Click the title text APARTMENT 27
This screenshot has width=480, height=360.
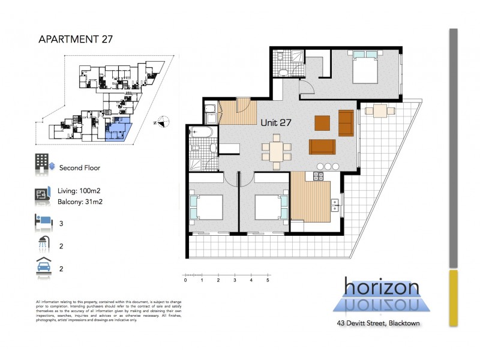(75, 40)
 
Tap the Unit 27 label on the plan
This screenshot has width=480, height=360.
(276, 122)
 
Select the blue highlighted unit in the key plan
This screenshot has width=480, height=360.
(118, 129)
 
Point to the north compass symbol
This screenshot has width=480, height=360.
(160, 122)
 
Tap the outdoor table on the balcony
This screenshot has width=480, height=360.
(380, 110)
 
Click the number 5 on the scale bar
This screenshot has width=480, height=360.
(268, 280)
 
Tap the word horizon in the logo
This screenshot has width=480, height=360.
(382, 287)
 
